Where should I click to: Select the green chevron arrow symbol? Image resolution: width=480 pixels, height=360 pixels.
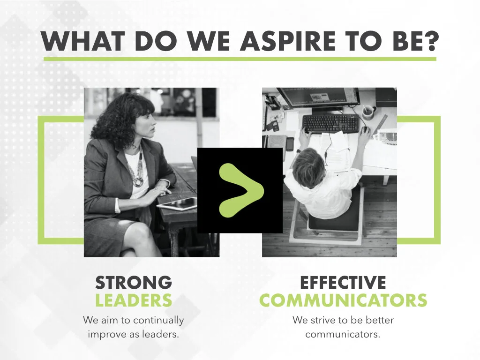pyautogui.click(x=240, y=190)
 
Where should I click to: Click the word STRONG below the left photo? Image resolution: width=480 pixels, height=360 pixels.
pyautogui.click(x=134, y=283)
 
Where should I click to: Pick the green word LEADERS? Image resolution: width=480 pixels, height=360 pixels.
pyautogui.click(x=134, y=300)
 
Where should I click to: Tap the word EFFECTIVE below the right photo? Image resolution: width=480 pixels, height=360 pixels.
pyautogui.click(x=343, y=283)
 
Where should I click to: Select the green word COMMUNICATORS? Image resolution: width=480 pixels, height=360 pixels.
pyautogui.click(x=343, y=300)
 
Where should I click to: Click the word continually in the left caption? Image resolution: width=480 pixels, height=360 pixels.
pyautogui.click(x=157, y=321)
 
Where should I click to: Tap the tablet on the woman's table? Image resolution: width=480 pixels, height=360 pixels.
pyautogui.click(x=178, y=203)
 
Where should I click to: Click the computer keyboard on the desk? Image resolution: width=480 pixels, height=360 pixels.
pyautogui.click(x=330, y=123)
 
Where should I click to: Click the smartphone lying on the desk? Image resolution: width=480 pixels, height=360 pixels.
pyautogui.click(x=290, y=143)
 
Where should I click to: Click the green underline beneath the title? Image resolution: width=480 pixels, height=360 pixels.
pyautogui.click(x=240, y=59)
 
